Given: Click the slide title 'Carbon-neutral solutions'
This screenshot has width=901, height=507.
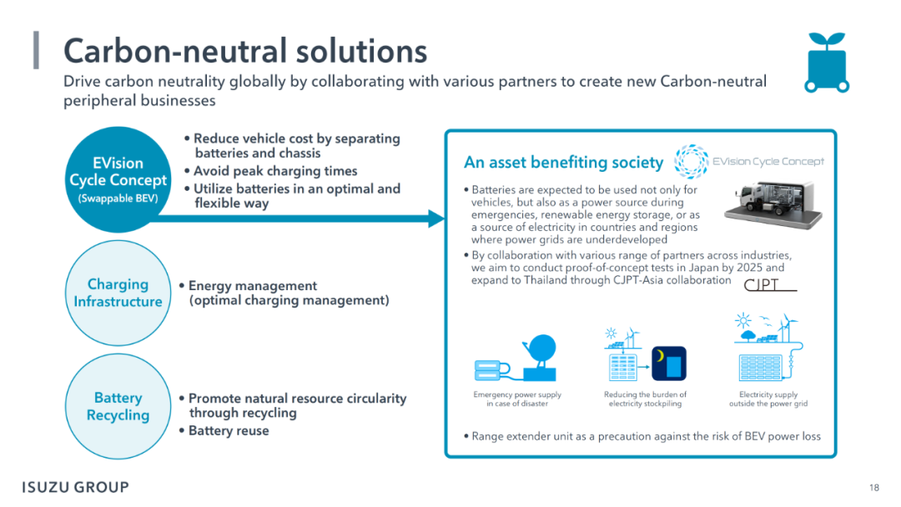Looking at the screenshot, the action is tap(245, 51).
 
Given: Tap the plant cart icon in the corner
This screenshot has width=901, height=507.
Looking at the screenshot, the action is tap(826, 63).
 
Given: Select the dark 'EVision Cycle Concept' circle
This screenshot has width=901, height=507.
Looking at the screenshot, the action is tap(118, 179).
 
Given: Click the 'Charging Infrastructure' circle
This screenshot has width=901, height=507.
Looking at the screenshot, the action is tap(118, 293).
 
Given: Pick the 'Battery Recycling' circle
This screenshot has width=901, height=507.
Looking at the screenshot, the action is tap(118, 407).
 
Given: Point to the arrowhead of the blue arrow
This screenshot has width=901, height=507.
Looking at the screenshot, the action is tap(436, 218).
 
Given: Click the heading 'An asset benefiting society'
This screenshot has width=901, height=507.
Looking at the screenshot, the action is tap(563, 163).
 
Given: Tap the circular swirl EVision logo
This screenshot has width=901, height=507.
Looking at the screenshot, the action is tap(691, 161).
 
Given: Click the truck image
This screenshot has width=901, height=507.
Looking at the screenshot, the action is tap(773, 205).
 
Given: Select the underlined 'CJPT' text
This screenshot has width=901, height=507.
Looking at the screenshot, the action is tap(762, 284).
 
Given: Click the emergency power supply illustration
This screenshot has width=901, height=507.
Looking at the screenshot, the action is tap(516, 358).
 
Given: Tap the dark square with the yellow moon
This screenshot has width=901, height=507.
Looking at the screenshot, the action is tap(669, 364).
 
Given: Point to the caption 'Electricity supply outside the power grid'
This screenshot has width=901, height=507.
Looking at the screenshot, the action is tap(768, 399).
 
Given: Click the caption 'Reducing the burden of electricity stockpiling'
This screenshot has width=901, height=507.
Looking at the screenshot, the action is tap(645, 399).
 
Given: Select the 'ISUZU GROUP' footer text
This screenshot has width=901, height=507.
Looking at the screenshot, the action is tap(75, 488).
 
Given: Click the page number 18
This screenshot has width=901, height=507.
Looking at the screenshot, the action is tap(874, 488).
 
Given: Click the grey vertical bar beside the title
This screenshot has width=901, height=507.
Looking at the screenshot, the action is tap(36, 50).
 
